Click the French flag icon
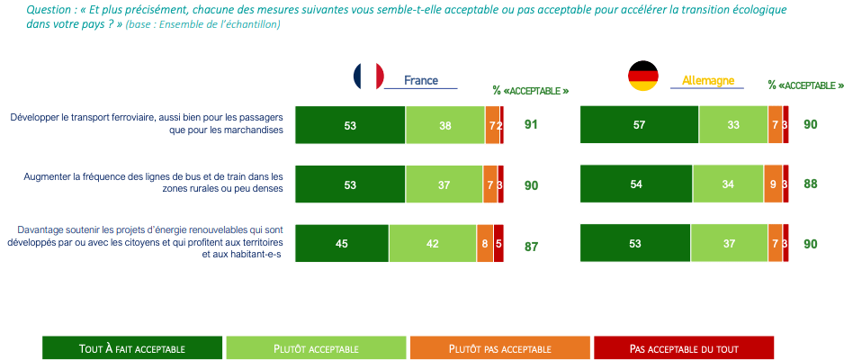pos(368,76)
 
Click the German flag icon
pos(642,76)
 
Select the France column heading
pos(420,80)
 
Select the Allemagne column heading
pos(707,80)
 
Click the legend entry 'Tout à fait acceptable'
pos(132,347)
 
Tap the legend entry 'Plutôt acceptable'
pos(316,347)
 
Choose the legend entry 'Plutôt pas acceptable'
pos(499,347)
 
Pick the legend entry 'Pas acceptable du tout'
pos(684,347)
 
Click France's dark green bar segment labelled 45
pos(342,244)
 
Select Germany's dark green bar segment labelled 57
pos(639,124)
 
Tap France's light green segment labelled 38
pos(444,125)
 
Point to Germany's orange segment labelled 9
pos(773,184)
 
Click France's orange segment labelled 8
pos(485,244)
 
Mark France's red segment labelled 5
pos(498,244)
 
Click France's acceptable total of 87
pos(531,246)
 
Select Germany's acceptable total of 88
pos(811,184)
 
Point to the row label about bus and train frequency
pos(153,183)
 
